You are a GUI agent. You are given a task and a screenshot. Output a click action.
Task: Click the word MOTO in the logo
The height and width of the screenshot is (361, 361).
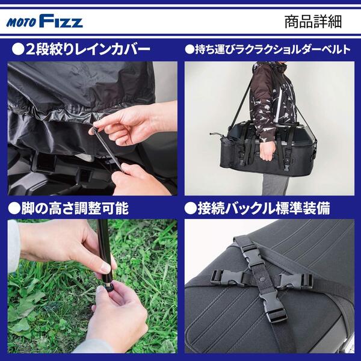[x=21, y=23]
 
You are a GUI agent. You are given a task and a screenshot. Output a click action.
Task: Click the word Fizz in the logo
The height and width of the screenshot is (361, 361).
[x=61, y=21]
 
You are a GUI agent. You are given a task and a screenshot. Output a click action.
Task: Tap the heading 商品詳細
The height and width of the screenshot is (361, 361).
[x=313, y=22]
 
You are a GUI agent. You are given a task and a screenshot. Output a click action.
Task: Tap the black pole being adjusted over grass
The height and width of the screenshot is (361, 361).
[x=104, y=251]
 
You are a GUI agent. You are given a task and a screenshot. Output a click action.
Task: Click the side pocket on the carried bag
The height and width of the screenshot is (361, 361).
[x=226, y=152]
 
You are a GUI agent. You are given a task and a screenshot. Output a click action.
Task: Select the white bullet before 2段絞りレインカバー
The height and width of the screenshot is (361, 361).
[x=18, y=49]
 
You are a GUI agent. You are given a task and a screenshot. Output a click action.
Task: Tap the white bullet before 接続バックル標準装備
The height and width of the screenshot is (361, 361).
[x=190, y=209]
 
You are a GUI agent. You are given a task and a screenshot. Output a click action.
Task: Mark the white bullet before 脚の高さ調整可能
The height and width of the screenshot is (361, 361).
[x=14, y=209]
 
